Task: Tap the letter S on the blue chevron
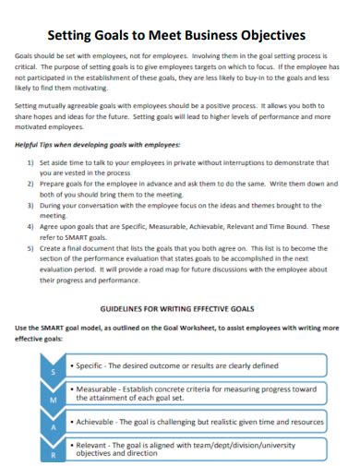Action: point(52,371)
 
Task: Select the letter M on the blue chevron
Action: point(52,400)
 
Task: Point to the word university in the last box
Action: point(301,444)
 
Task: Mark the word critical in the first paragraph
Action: point(29,68)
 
